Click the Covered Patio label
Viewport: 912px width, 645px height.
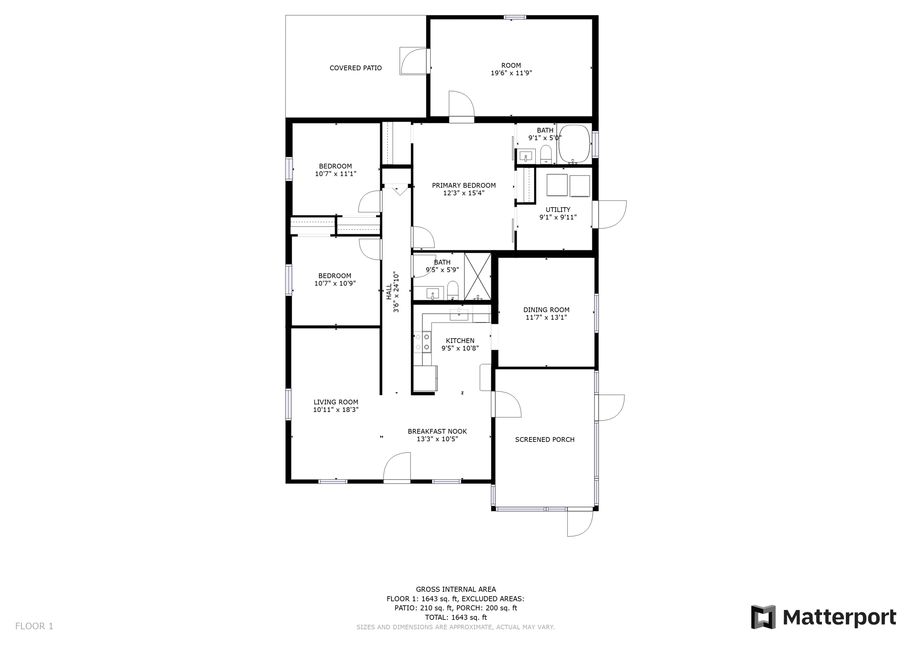coord(355,68)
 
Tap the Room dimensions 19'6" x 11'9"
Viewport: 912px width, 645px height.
coord(511,73)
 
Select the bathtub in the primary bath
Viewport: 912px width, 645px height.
coord(574,143)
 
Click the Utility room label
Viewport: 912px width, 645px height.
coord(558,210)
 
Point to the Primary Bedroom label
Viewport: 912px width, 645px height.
coord(464,186)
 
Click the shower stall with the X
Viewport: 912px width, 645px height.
coord(477,276)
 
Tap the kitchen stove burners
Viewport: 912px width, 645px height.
coord(422,342)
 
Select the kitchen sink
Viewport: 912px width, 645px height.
coord(459,314)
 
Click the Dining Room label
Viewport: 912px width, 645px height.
coord(546,310)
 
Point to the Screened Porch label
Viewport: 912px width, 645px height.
coord(545,440)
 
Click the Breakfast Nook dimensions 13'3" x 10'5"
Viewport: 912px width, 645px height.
coord(437,439)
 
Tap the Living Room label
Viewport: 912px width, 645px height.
coord(336,402)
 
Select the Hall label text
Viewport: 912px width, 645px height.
coord(389,292)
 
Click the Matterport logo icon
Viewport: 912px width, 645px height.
coord(763,617)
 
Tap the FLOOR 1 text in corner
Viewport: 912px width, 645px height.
coord(34,626)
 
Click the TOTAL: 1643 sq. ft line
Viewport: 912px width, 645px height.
coord(456,617)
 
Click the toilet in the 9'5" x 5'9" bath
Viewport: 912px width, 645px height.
coord(452,290)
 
